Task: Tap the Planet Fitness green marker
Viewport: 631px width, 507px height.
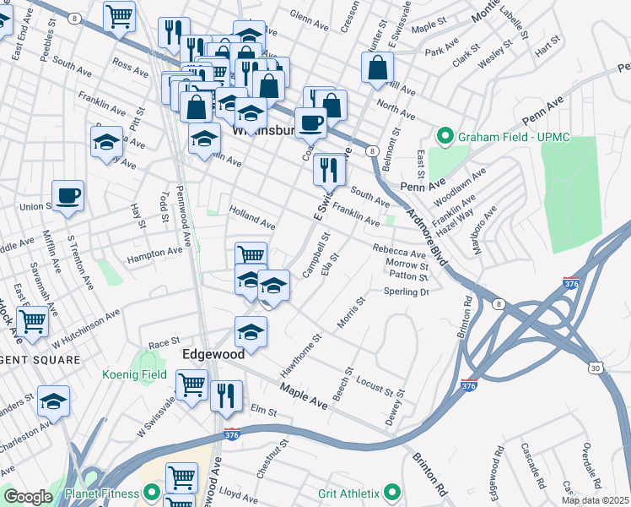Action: tap(152, 491)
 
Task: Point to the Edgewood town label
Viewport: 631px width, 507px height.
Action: tap(213, 355)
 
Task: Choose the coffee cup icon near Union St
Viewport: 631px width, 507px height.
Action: tap(68, 195)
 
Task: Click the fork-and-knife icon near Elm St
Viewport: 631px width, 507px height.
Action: tap(226, 395)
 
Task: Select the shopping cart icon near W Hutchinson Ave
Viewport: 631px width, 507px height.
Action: tap(32, 320)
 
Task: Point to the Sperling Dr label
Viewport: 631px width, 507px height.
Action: tap(407, 292)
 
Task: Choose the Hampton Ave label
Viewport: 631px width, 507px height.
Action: tap(154, 252)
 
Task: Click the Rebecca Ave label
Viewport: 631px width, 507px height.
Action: tap(400, 252)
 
